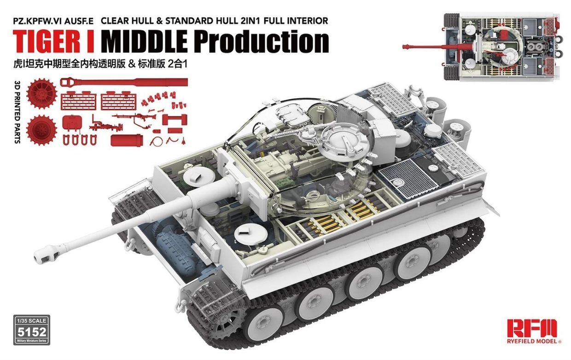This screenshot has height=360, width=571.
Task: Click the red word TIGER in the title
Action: pyautogui.click(x=48, y=41)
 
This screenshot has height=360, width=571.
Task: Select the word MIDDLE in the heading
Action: pyautogui.click(x=144, y=41)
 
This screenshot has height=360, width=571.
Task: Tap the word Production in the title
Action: pyautogui.click(x=261, y=41)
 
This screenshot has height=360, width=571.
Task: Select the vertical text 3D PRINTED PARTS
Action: pyautogui.click(x=18, y=113)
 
